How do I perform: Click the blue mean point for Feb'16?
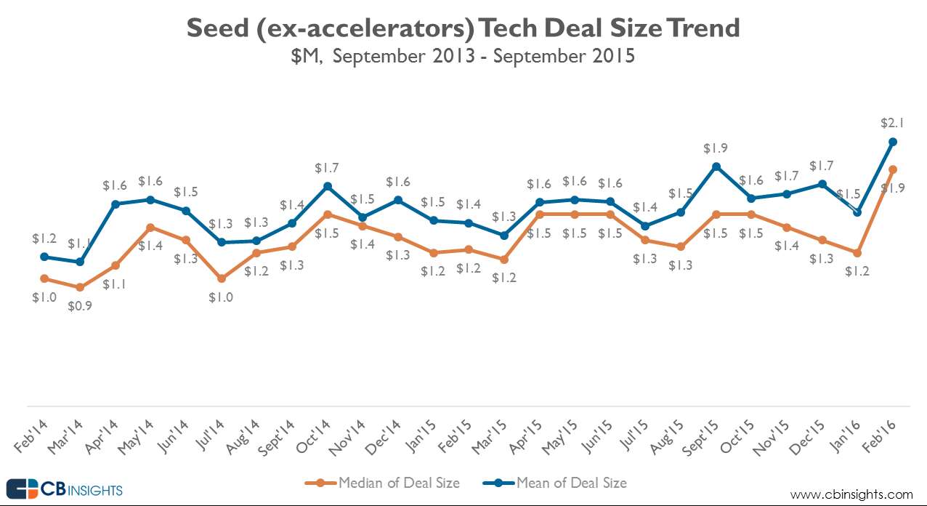[x=893, y=142]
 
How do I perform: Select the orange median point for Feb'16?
[x=893, y=169]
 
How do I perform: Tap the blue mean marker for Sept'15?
[x=716, y=166]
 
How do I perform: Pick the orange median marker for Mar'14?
[x=80, y=288]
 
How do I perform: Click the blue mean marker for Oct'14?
[x=328, y=186]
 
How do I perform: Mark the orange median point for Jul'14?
[x=222, y=278]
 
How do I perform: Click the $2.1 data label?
[x=893, y=122]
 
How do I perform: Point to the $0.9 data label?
[x=80, y=306]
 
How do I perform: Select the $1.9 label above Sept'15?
[x=716, y=148]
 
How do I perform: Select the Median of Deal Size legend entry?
[x=398, y=483]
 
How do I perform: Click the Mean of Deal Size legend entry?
[x=571, y=483]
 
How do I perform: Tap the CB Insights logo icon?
[x=23, y=489]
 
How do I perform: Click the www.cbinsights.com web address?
[x=851, y=494]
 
